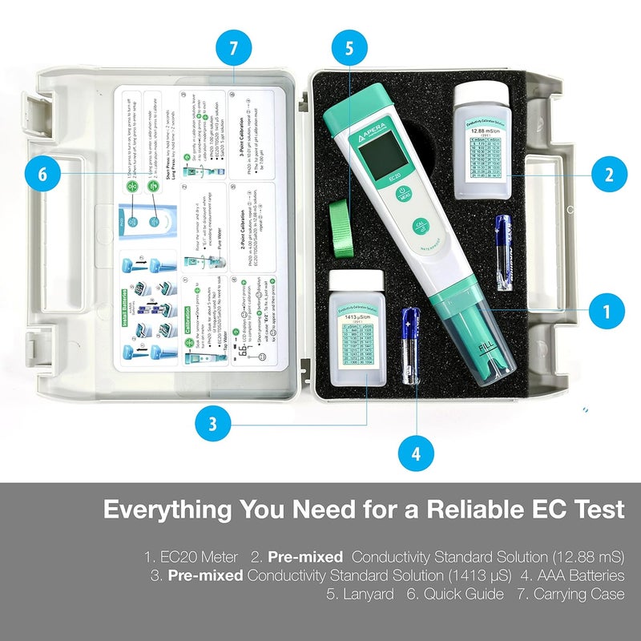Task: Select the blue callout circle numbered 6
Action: [x=42, y=175]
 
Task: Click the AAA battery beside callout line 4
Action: [x=411, y=345]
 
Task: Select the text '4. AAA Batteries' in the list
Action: [x=570, y=574]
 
